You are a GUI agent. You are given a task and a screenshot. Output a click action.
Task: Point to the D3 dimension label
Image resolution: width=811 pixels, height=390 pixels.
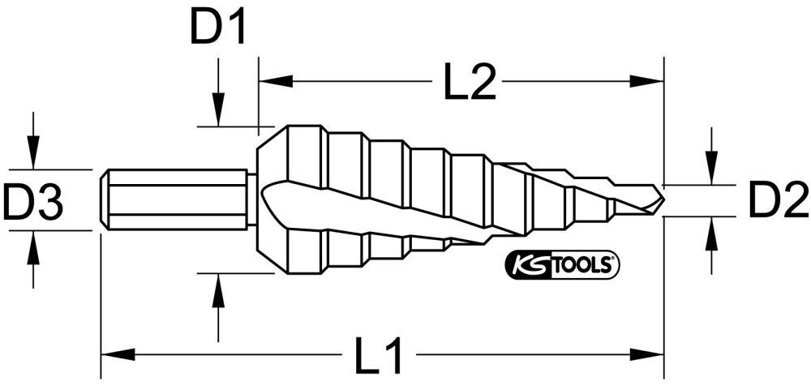[x=33, y=202]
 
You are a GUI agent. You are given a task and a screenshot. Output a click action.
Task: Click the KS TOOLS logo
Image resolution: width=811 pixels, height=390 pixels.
[x=562, y=265]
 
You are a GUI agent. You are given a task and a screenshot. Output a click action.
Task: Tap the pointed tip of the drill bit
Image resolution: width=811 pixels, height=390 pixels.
[x=661, y=197]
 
